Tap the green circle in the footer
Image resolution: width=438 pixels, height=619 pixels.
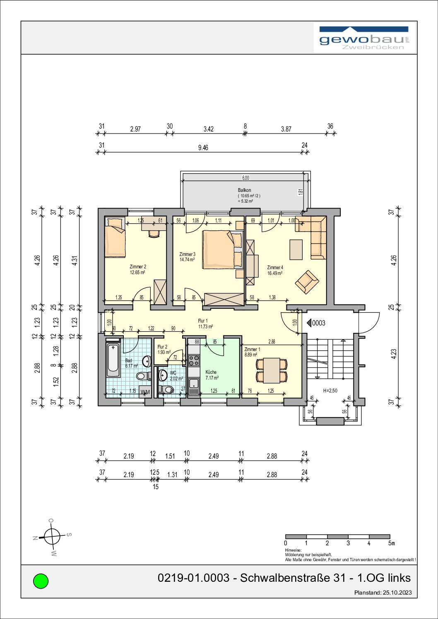(x=41, y=581)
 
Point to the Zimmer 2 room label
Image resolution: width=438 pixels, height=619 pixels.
(x=137, y=270)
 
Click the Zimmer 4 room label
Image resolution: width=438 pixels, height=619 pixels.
(x=275, y=270)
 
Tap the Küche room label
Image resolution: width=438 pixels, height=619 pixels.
(x=212, y=375)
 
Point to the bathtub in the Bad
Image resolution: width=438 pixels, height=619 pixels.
(x=113, y=358)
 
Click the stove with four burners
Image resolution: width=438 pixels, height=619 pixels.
(x=193, y=361)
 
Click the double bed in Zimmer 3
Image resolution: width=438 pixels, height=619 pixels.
(x=221, y=249)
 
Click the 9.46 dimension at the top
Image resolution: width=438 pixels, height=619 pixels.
(x=203, y=148)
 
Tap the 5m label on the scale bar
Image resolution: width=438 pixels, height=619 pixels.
(x=391, y=543)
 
